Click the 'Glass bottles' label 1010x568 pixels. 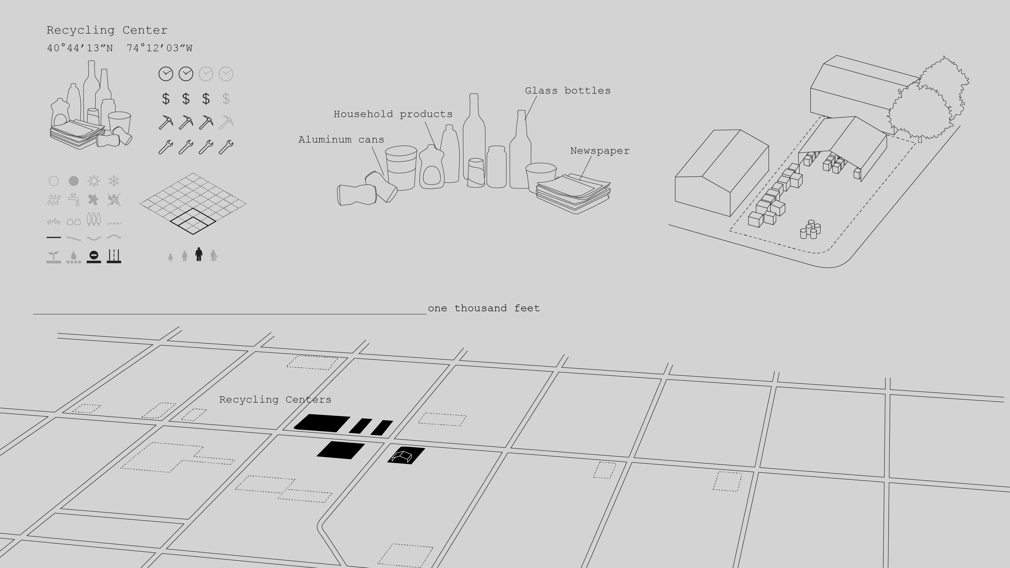[567, 91]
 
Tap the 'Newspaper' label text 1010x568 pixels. [599, 151]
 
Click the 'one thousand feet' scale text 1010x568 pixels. [484, 308]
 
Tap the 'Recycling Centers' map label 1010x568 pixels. [275, 399]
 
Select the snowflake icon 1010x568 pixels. [114, 181]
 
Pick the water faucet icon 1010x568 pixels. [74, 199]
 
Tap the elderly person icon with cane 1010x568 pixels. [213, 255]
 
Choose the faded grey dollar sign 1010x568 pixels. [226, 99]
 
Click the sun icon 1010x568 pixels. [94, 181]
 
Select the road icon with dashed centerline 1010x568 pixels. [114, 256]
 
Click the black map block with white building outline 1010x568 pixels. [406, 455]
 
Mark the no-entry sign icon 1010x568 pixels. [94, 256]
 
